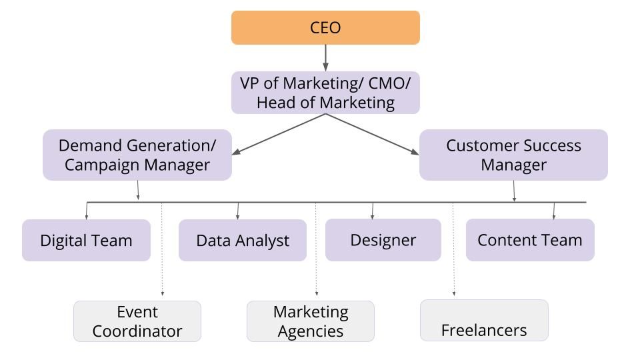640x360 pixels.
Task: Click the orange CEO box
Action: click(x=325, y=27)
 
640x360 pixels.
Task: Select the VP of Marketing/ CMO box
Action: click(x=325, y=93)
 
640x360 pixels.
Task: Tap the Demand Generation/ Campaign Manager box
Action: click(x=137, y=155)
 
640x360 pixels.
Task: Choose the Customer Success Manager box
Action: click(x=513, y=155)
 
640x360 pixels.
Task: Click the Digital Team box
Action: click(x=86, y=240)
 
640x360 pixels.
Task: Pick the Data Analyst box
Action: click(x=243, y=240)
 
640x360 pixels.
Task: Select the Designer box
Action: click(x=383, y=239)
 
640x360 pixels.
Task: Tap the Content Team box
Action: click(x=529, y=239)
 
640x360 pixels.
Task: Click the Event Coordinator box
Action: click(x=137, y=321)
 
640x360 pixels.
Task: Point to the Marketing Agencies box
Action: click(x=311, y=321)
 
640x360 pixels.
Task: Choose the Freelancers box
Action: click(x=484, y=321)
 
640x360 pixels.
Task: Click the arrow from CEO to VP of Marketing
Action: click(x=325, y=58)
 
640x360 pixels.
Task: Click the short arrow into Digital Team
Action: click(x=87, y=210)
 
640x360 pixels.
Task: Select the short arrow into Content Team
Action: click(x=554, y=210)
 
